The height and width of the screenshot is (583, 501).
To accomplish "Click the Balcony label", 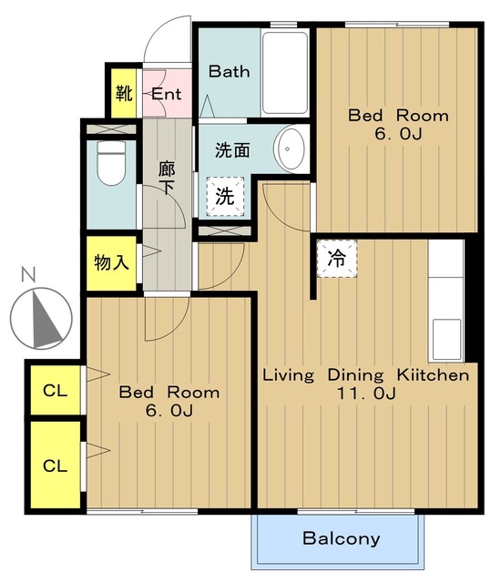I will (x=341, y=538).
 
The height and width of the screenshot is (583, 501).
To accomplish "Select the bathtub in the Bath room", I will (x=286, y=74).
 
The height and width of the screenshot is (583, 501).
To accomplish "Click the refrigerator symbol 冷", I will (x=336, y=257).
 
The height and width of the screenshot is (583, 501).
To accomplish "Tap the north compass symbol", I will (x=41, y=318).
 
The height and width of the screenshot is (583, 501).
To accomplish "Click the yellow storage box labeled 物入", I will (x=111, y=264).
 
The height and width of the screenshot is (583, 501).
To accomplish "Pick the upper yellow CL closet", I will (x=55, y=392).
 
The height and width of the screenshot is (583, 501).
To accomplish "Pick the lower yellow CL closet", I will (x=55, y=465).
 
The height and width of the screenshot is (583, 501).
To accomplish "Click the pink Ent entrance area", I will (x=167, y=94).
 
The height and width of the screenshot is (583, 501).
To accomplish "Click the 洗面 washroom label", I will (x=232, y=150).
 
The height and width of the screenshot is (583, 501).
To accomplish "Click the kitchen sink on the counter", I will (x=445, y=338).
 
